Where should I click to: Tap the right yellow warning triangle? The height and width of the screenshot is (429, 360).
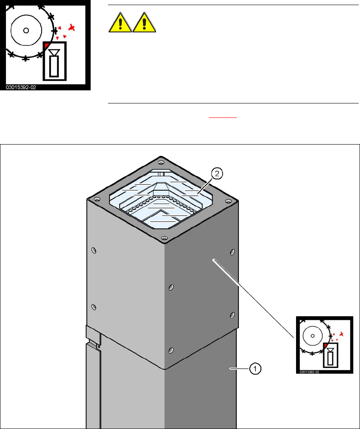tap(144, 24)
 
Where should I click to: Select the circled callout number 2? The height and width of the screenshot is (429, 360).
tap(217, 173)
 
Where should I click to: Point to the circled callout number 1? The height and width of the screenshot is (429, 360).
tap(255, 369)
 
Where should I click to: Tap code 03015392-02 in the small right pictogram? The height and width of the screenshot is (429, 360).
tap(309, 372)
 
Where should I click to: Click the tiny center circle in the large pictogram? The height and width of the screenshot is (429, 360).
tap(26, 30)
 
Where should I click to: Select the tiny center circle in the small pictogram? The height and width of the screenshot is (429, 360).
tap(312, 335)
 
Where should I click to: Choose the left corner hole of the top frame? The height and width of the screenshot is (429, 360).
tap(97, 199)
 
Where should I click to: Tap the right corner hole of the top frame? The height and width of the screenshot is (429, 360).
tap(229, 201)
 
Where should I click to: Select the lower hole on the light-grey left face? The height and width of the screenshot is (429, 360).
tap(94, 306)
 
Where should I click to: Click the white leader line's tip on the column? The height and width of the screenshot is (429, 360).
tap(214, 259)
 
